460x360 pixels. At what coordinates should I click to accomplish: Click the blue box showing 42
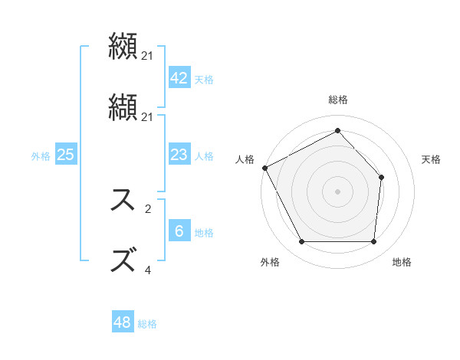pyautogui.click(x=179, y=78)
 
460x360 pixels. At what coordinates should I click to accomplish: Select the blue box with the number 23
pyautogui.click(x=179, y=155)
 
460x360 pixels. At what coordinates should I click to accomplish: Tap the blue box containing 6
pyautogui.click(x=179, y=231)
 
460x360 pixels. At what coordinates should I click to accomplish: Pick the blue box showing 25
pyautogui.click(x=65, y=155)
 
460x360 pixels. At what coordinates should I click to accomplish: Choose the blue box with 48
pyautogui.click(x=123, y=322)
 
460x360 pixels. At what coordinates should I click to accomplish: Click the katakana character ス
pyautogui.click(x=124, y=201)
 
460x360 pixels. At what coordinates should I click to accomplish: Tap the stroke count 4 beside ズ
pyautogui.click(x=148, y=270)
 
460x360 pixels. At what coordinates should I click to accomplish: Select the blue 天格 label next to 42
pyautogui.click(x=204, y=80)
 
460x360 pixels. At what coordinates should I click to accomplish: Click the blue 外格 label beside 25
pyautogui.click(x=41, y=156)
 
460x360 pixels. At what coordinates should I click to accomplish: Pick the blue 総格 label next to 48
pyautogui.click(x=147, y=324)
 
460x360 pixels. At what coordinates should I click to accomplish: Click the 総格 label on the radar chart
pyautogui.click(x=338, y=100)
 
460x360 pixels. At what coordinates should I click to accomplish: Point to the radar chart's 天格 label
pyautogui.click(x=432, y=159)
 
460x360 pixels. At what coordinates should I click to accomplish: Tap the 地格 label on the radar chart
pyautogui.click(x=402, y=262)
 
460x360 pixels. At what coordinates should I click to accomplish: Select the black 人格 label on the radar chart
pyautogui.click(x=245, y=159)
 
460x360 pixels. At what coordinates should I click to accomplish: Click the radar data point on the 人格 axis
pyautogui.click(x=264, y=168)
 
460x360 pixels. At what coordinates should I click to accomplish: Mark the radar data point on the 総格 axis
pyautogui.click(x=337, y=130)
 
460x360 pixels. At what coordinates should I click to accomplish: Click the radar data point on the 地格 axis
pyautogui.click(x=373, y=242)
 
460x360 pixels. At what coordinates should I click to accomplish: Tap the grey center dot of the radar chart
pyautogui.click(x=337, y=191)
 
